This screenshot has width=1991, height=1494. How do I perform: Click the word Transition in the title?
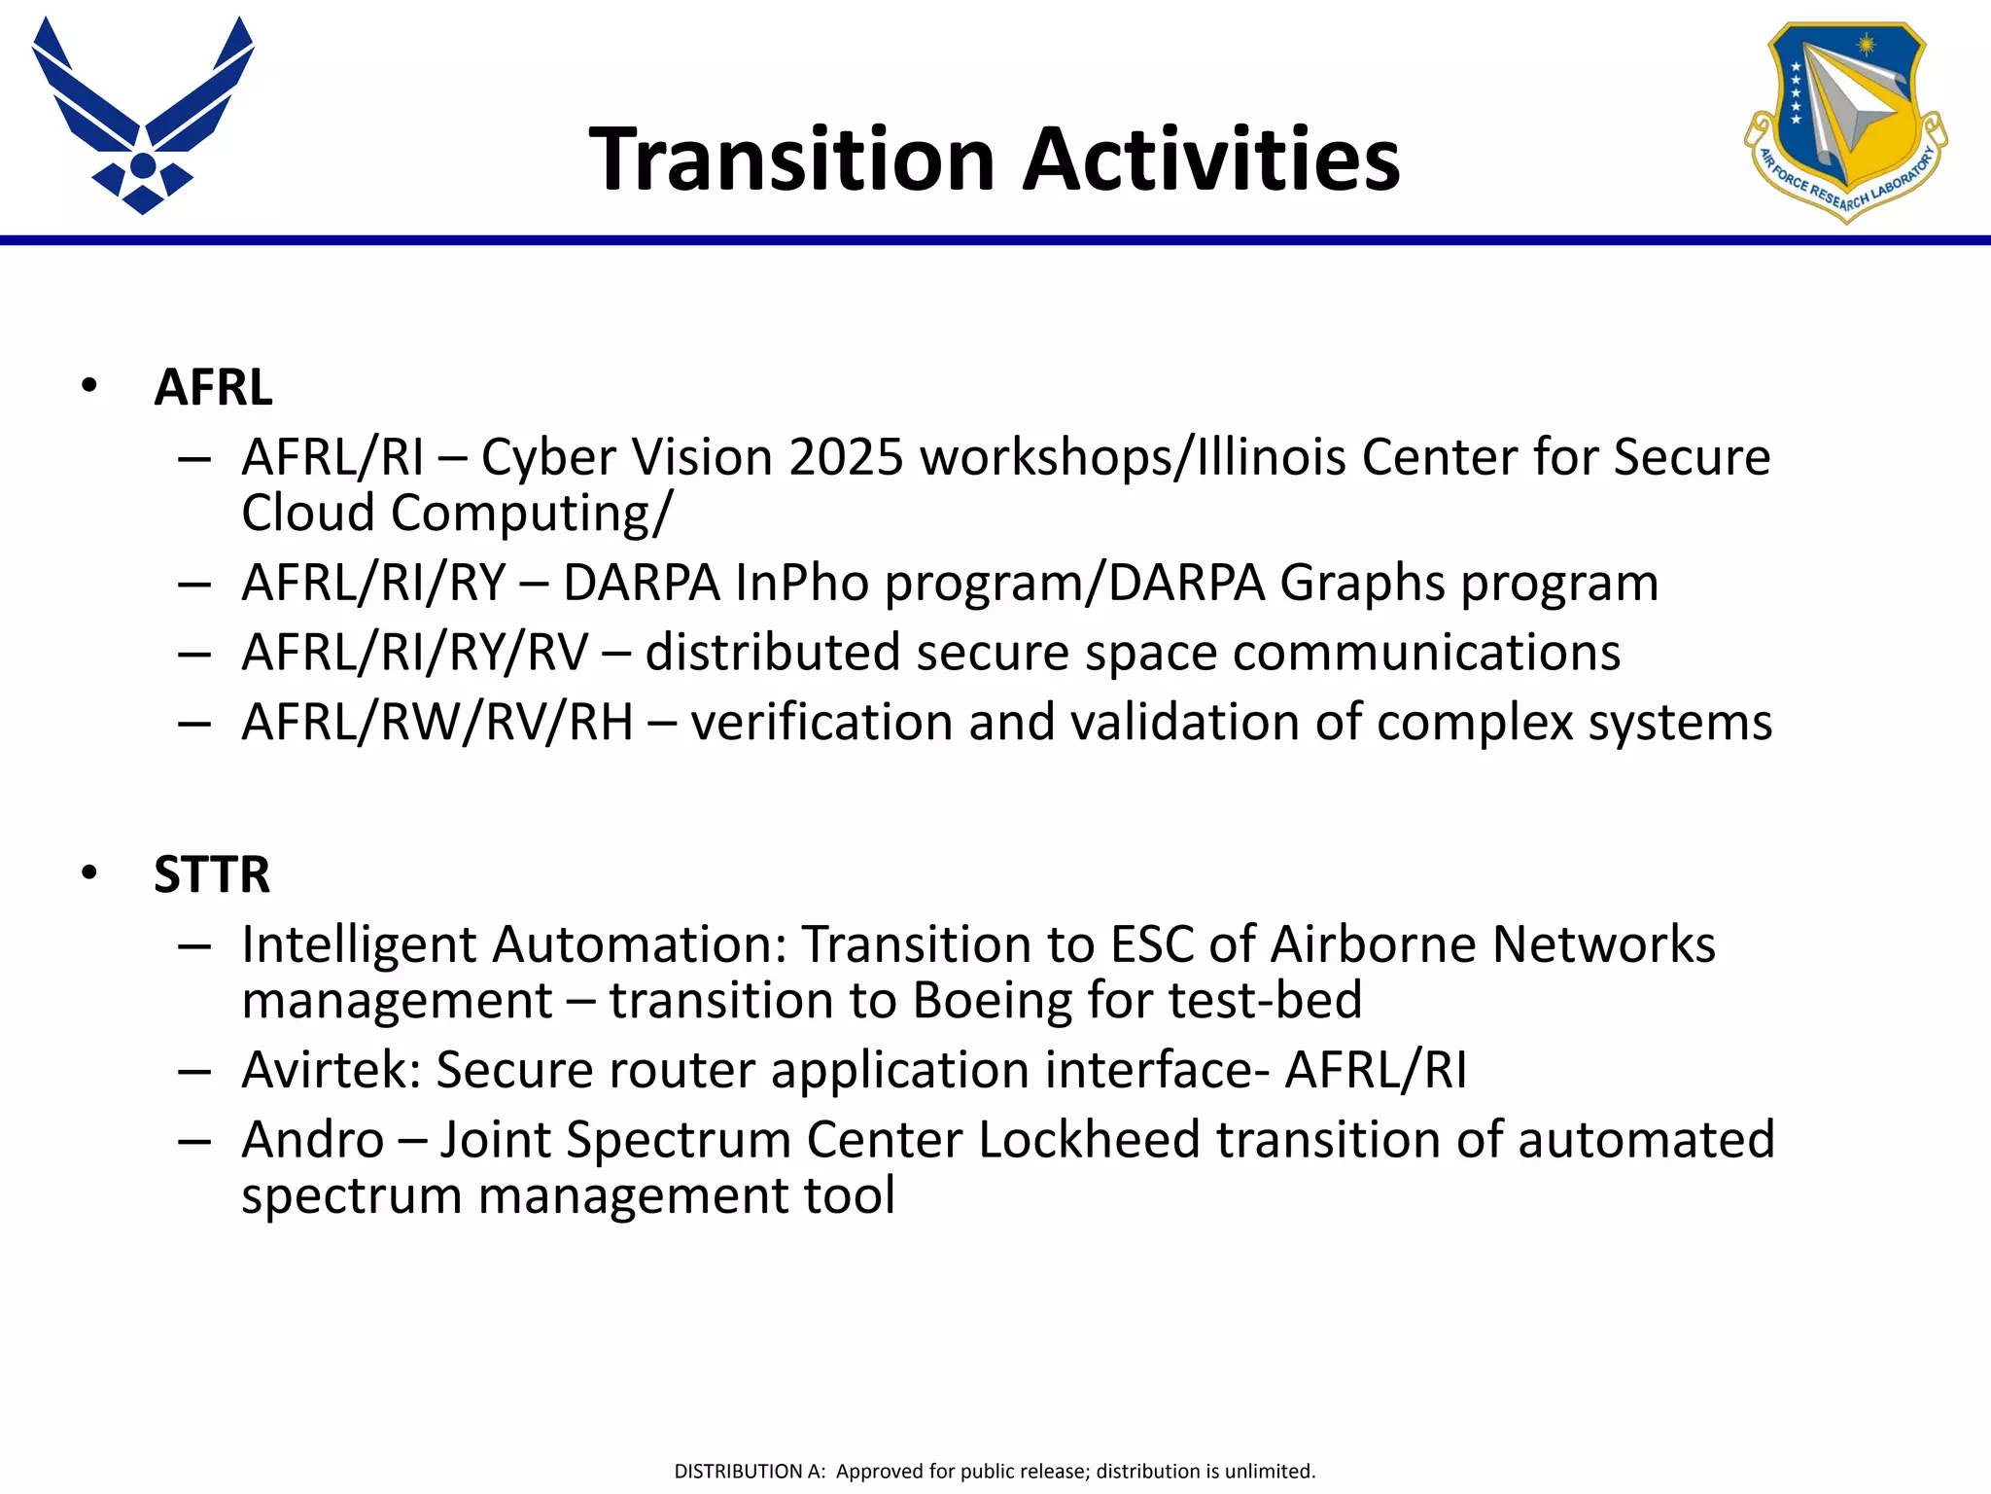[x=792, y=160]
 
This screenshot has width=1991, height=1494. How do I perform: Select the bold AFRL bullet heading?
[x=213, y=387]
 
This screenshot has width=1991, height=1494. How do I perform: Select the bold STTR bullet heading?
[x=211, y=873]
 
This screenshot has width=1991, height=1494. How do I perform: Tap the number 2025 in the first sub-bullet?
[x=846, y=457]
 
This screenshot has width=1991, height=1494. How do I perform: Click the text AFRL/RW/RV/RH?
[x=437, y=723]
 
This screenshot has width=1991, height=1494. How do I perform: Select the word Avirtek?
[x=330, y=1070]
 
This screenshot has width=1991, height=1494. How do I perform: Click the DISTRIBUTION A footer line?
[x=995, y=1471]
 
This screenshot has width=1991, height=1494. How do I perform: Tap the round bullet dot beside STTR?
[x=90, y=873]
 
